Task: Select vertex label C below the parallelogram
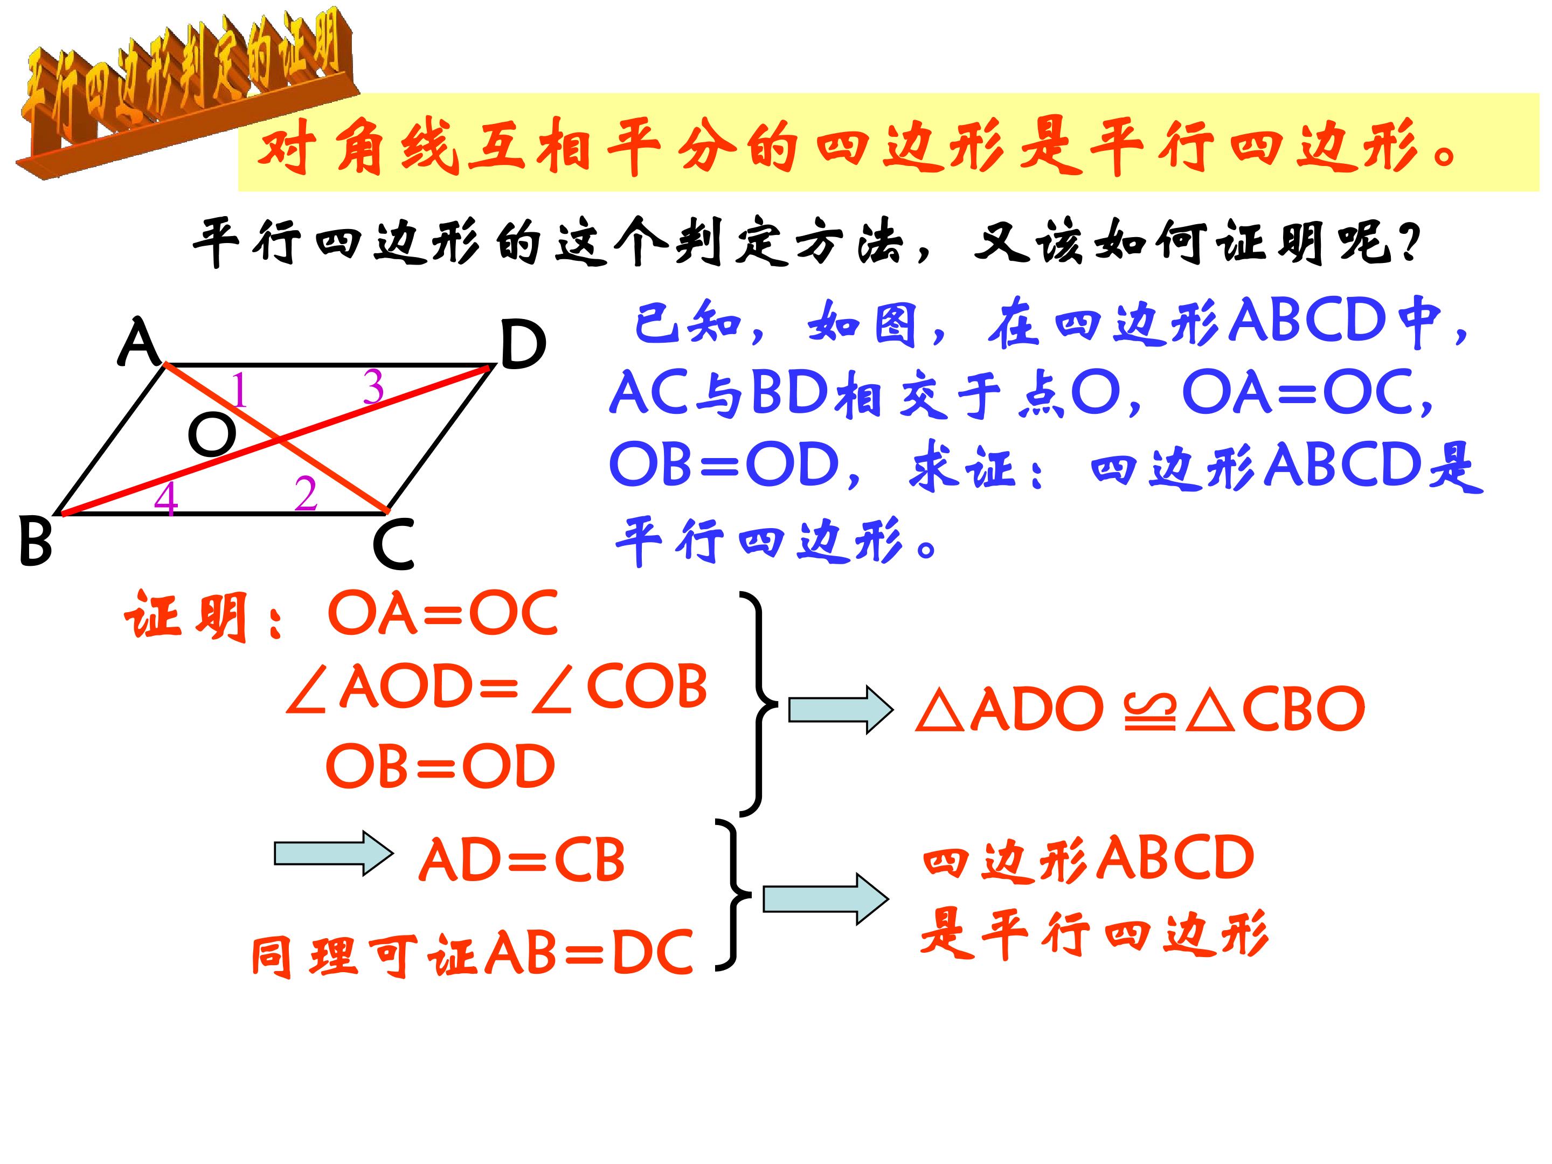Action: (393, 544)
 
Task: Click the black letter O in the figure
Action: (212, 434)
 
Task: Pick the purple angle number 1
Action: (239, 390)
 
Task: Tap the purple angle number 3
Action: (373, 386)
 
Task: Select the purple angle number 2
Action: (306, 494)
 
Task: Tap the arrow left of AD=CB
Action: (333, 853)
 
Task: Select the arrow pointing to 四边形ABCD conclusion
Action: (826, 899)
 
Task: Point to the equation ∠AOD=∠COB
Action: (497, 687)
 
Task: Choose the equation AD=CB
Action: (521, 860)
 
